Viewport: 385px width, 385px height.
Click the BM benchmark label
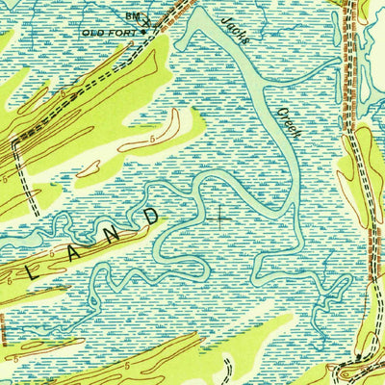(132, 16)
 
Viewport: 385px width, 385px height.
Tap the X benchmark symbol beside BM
(146, 21)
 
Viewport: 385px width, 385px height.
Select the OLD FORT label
(109, 32)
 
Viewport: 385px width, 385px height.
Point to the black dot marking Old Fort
(144, 31)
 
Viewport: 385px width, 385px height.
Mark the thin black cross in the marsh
(220, 218)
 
